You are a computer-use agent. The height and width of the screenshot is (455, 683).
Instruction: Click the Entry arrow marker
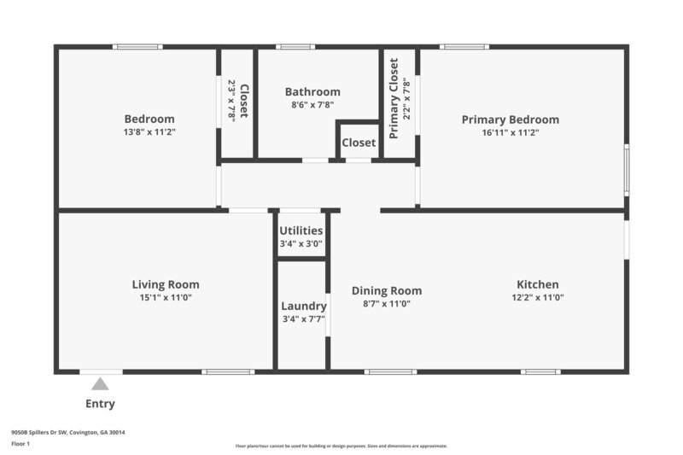pyautogui.click(x=101, y=384)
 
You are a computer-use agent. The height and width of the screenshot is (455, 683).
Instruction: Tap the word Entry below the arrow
pyautogui.click(x=101, y=404)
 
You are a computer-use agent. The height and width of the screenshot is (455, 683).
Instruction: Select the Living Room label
pyautogui.click(x=166, y=284)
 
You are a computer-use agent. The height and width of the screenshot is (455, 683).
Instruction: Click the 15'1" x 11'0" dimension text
pyautogui.click(x=166, y=298)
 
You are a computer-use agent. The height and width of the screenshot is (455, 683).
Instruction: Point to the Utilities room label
pyautogui.click(x=301, y=230)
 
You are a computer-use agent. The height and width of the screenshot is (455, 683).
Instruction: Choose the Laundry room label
pyautogui.click(x=304, y=306)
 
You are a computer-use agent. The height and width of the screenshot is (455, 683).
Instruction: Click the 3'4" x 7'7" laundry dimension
pyautogui.click(x=304, y=320)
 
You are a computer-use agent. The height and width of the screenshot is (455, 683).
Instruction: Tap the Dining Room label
pyautogui.click(x=387, y=290)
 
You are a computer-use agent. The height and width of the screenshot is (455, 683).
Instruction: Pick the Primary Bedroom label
pyautogui.click(x=511, y=120)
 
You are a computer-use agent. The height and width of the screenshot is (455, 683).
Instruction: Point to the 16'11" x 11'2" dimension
pyautogui.click(x=511, y=133)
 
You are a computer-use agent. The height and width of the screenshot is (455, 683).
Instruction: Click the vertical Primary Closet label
pyautogui.click(x=394, y=98)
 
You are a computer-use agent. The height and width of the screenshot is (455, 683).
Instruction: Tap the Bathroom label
pyautogui.click(x=312, y=92)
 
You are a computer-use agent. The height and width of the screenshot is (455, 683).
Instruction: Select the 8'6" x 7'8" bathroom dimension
pyautogui.click(x=312, y=105)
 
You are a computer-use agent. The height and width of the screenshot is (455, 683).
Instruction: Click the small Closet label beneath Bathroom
pyautogui.click(x=359, y=143)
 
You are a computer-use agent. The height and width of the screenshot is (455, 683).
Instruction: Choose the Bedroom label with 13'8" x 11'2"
pyautogui.click(x=149, y=120)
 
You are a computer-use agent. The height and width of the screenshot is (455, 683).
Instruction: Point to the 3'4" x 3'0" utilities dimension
pyautogui.click(x=301, y=243)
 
